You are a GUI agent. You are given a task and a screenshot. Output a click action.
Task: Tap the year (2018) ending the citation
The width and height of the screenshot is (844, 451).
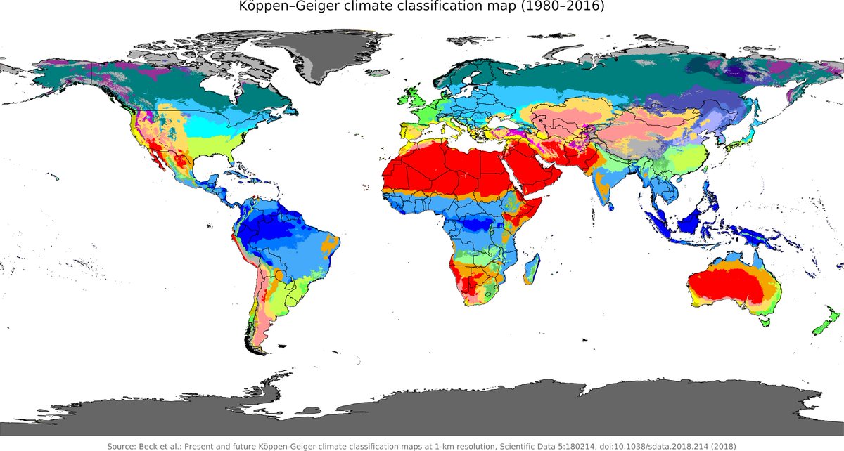721,446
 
